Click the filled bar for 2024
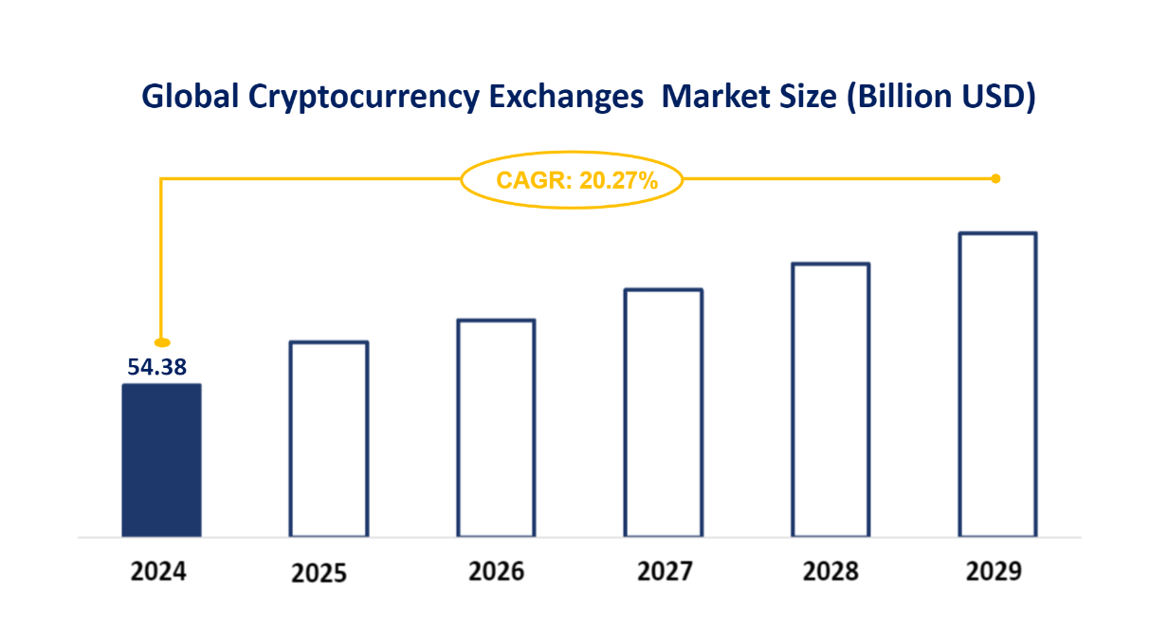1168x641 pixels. click(x=161, y=461)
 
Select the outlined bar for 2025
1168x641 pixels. click(x=329, y=439)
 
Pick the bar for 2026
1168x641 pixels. click(x=496, y=429)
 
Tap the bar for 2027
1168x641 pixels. click(x=664, y=413)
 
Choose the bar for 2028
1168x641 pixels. click(x=830, y=400)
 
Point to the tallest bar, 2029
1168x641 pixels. click(x=997, y=385)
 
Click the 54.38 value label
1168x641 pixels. click(x=157, y=367)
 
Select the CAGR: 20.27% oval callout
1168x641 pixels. click(x=572, y=179)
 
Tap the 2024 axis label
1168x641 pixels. click(x=158, y=572)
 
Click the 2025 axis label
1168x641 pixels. click(x=319, y=574)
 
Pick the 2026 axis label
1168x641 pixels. click(x=496, y=572)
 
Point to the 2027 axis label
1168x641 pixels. click(x=665, y=572)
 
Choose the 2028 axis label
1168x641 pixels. click(x=830, y=572)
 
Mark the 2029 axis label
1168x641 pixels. click(x=995, y=572)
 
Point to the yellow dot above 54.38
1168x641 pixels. click(x=162, y=342)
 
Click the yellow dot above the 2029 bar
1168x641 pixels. click(x=995, y=178)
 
